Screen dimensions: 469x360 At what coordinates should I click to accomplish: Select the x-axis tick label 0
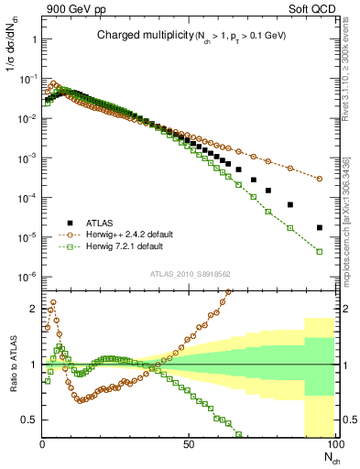[x=43, y=445]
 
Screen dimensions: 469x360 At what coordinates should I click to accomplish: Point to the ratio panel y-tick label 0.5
[x=28, y=420]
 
